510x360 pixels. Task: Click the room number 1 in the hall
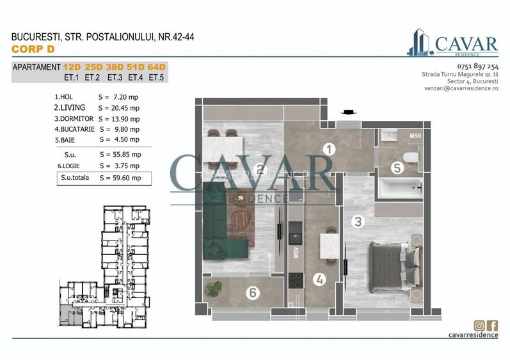[x=330, y=150]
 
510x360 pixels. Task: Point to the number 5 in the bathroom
[x=397, y=168]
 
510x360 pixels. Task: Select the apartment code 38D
[x=115, y=67]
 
